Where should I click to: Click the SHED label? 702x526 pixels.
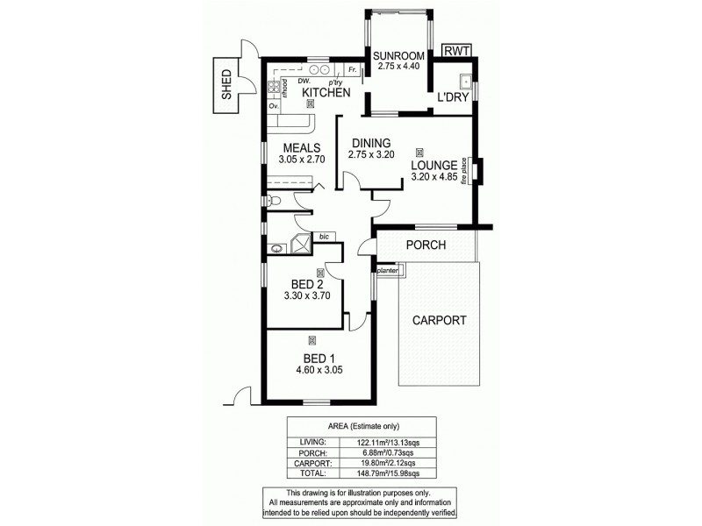tap(226, 85)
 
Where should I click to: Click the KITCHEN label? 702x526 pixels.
tap(326, 93)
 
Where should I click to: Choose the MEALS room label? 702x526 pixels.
tap(301, 147)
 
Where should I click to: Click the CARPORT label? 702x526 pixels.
tap(439, 320)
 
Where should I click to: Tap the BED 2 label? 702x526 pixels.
tap(308, 284)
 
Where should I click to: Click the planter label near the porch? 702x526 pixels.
tap(389, 271)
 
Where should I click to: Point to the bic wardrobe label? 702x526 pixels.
tap(323, 237)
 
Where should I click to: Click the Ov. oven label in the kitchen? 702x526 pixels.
tap(274, 105)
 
